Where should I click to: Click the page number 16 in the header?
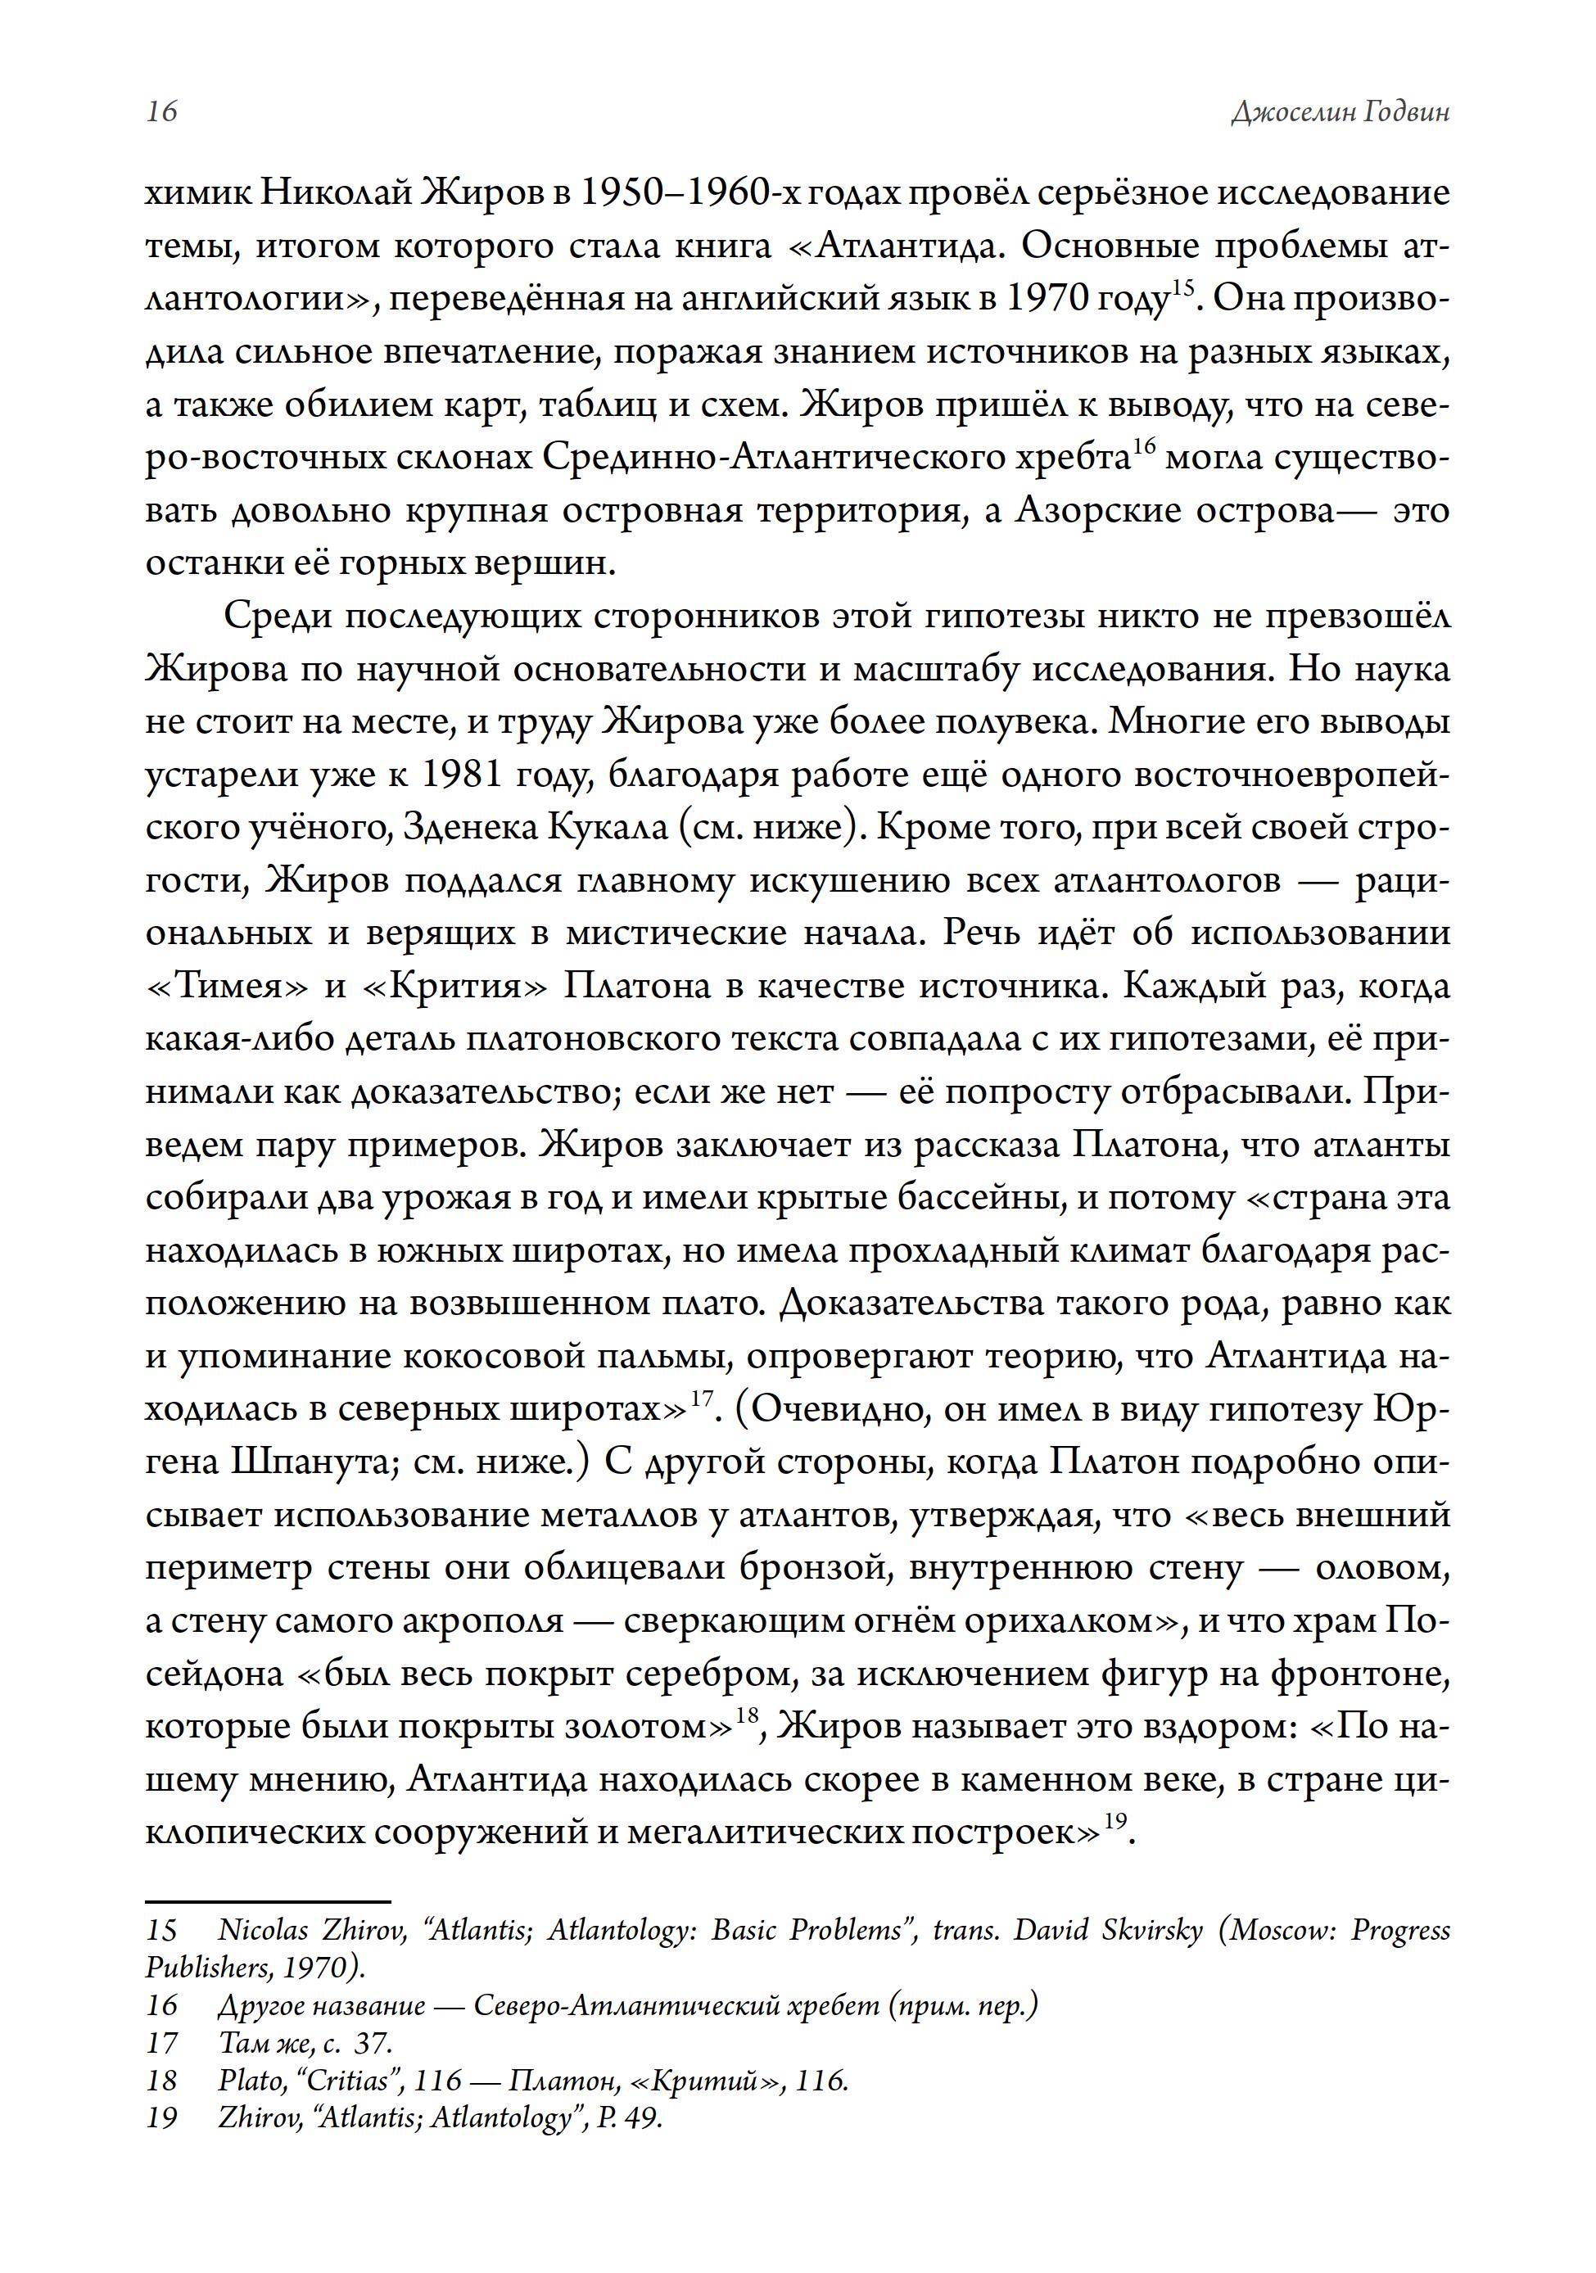click(x=161, y=111)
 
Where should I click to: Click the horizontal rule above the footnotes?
click(x=269, y=1902)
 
